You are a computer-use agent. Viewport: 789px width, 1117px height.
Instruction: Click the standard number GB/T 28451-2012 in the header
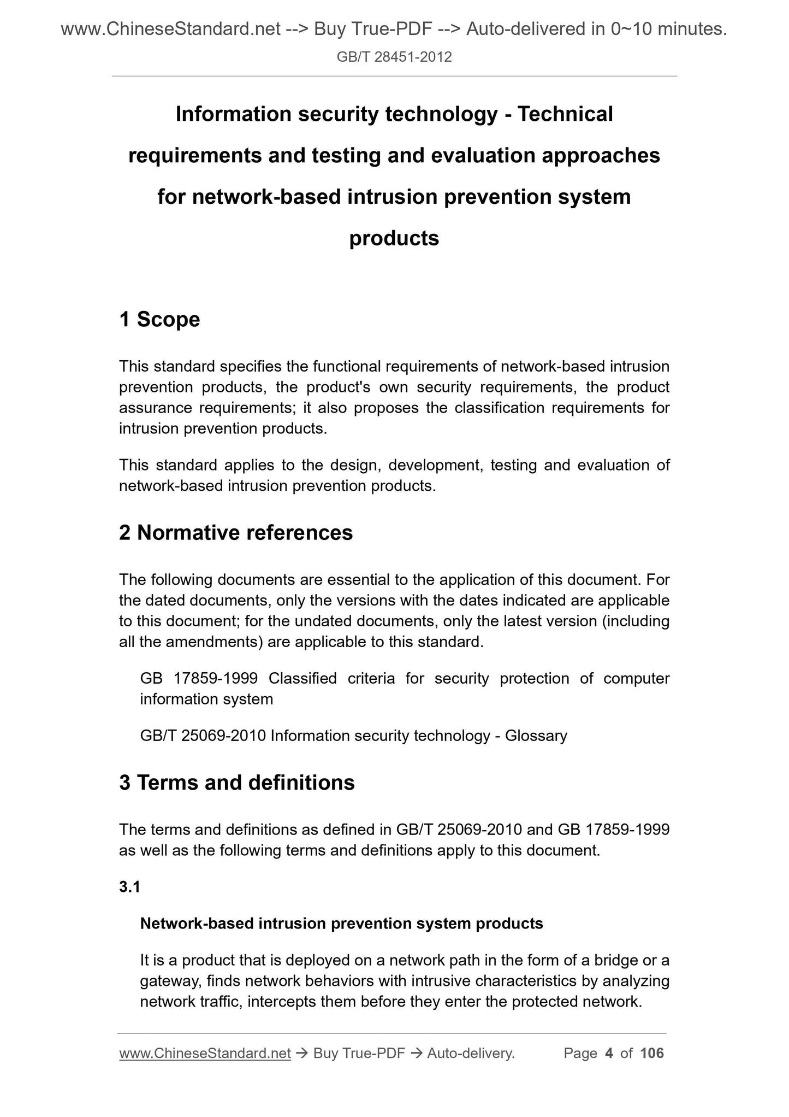tap(394, 57)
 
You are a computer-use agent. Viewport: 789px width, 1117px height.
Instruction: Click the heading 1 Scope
tap(159, 319)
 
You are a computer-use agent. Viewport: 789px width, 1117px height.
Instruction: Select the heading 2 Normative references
tap(236, 532)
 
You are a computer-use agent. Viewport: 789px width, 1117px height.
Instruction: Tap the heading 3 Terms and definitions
tap(237, 783)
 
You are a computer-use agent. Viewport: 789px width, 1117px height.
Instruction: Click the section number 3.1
tap(130, 887)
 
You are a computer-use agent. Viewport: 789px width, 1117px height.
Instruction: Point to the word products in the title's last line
tap(394, 238)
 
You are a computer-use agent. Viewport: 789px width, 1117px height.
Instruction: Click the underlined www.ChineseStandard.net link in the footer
tap(205, 1053)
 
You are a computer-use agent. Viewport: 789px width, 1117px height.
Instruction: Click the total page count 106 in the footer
tap(652, 1053)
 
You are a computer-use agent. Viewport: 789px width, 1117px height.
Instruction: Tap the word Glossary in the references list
tap(536, 736)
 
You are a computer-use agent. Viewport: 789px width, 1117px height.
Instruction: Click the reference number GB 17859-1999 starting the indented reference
tap(199, 678)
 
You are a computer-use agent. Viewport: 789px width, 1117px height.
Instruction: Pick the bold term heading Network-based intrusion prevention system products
tap(341, 923)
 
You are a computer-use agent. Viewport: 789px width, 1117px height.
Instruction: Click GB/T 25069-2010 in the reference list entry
tap(203, 736)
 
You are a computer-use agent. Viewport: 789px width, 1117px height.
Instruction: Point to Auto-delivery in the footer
tap(471, 1053)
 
